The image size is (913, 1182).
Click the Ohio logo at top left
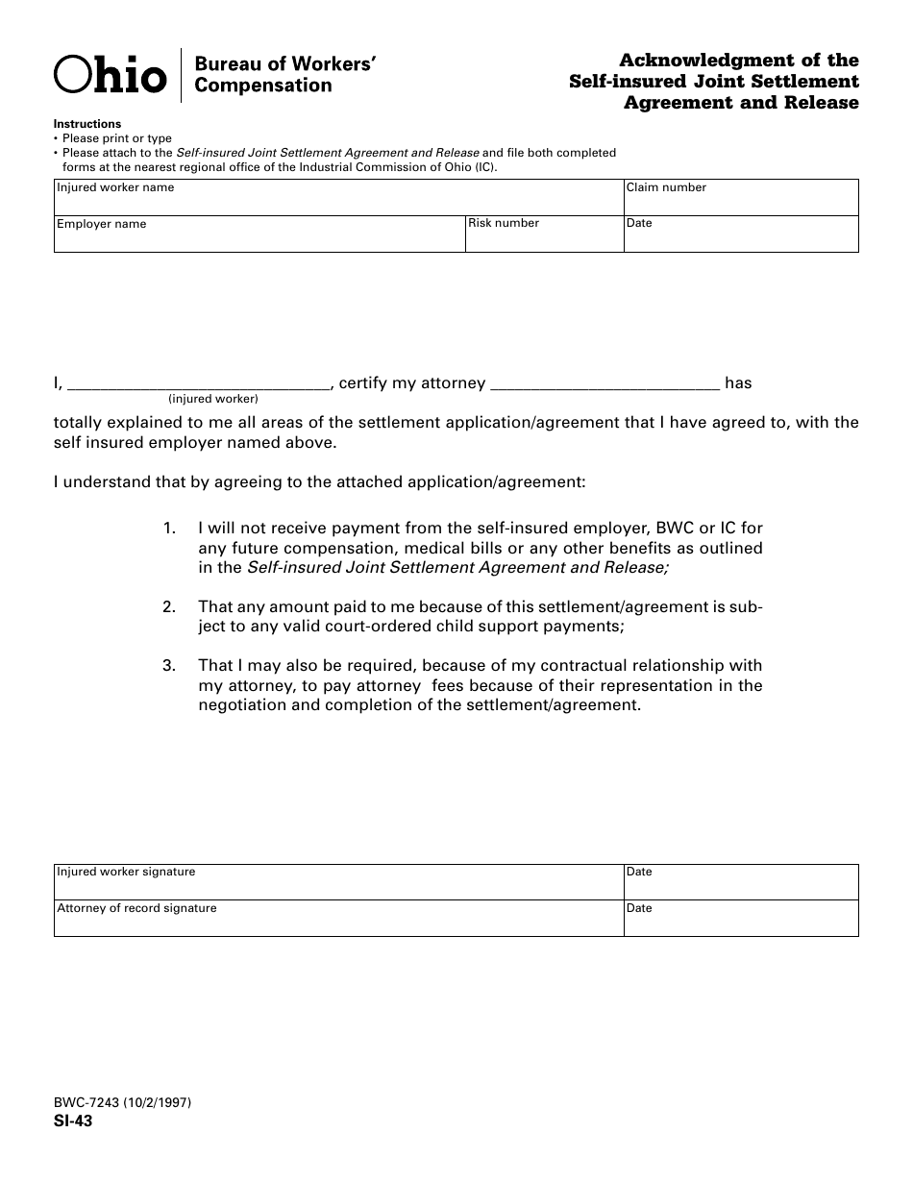110,75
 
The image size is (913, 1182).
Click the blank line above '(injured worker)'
199,382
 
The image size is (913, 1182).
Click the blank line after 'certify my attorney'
605,382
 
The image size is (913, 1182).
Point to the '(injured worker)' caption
213,399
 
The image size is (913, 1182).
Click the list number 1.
169,529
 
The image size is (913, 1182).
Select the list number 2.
169,607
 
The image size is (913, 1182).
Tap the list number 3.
169,666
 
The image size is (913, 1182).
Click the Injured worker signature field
338,882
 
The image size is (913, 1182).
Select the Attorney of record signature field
338,919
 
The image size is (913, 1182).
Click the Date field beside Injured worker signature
740,882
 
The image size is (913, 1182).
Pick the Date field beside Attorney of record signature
740,919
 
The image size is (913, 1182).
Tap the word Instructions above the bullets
87,124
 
